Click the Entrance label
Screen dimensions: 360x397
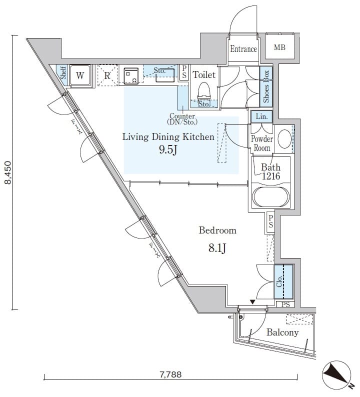coord(243,49)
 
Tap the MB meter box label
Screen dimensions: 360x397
coord(279,47)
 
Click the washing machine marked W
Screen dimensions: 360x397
coord(80,75)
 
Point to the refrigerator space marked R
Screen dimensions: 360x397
coord(107,75)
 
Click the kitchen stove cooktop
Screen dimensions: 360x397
coord(131,75)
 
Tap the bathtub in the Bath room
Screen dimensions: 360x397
coord(271,197)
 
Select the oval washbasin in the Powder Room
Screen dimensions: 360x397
coord(284,139)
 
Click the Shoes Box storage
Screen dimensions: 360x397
coord(266,86)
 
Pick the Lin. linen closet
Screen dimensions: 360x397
coord(261,116)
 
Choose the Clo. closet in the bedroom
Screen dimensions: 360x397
coord(283,281)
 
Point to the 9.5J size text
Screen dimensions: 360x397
coord(167,150)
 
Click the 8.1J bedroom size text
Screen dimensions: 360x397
coord(217,248)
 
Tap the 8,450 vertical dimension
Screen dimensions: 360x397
coord(8,172)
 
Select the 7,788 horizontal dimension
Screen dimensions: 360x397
coord(170,374)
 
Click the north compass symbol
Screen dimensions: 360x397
coord(337,375)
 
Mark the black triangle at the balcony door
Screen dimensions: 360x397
coord(252,302)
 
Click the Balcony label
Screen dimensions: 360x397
coord(282,332)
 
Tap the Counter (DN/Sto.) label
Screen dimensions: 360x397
coord(182,118)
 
